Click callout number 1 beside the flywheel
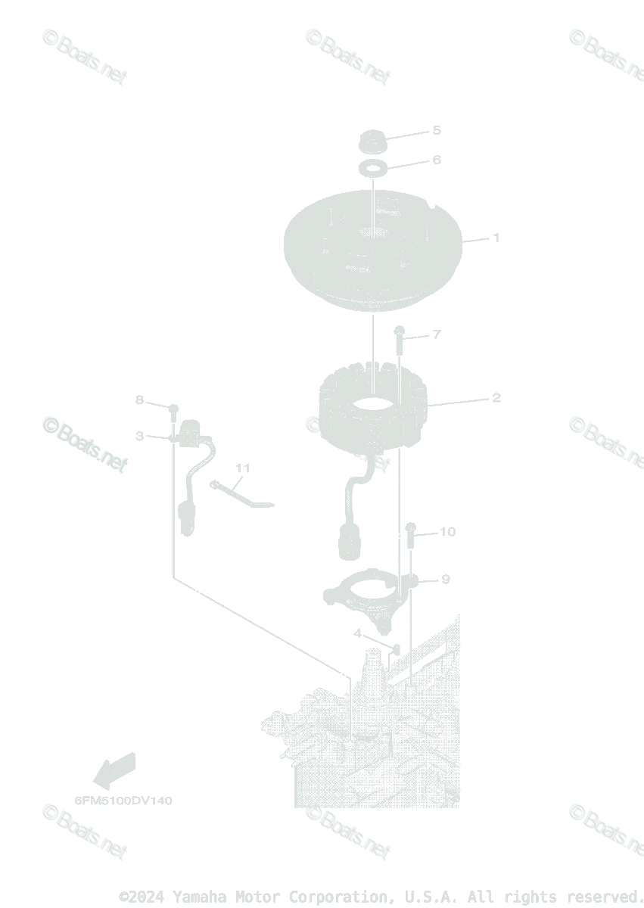tap(496, 238)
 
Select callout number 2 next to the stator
tap(496, 397)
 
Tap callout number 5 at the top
tap(436, 130)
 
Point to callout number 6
tap(436, 160)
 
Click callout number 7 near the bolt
tap(436, 334)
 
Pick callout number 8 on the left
tap(139, 400)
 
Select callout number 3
tap(139, 436)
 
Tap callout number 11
tap(241, 468)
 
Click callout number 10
tap(447, 531)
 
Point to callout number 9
tap(445, 579)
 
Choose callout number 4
tap(357, 633)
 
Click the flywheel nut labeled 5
tap(371, 141)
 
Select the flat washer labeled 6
tap(371, 166)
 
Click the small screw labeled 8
tap(173, 410)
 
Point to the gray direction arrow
tap(114, 770)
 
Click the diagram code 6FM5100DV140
tap(123, 801)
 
